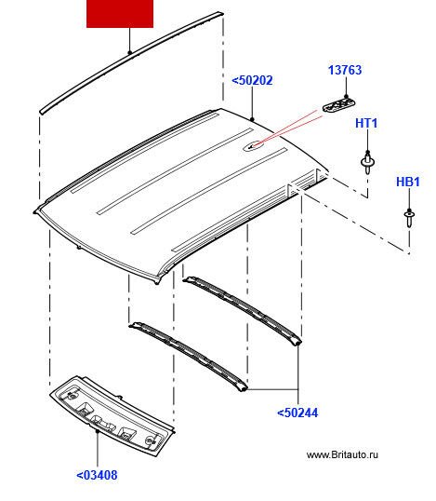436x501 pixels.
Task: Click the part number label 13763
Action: [x=345, y=70]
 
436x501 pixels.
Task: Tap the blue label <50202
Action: [x=252, y=80]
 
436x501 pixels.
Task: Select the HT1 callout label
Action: [x=366, y=123]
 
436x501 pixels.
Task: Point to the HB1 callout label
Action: [x=407, y=182]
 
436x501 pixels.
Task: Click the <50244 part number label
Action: [x=297, y=413]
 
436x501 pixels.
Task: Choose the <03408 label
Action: [x=97, y=475]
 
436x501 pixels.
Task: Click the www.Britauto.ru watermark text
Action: [x=342, y=454]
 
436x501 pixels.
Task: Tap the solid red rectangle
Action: [x=120, y=14]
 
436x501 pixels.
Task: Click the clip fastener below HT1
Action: [x=367, y=163]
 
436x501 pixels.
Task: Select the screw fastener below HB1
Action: [x=409, y=219]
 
